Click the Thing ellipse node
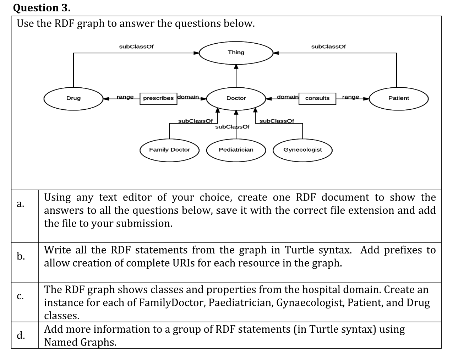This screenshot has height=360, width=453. [236, 53]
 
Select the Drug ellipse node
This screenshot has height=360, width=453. [73, 98]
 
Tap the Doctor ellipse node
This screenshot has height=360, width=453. [236, 98]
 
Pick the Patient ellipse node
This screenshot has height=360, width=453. [398, 98]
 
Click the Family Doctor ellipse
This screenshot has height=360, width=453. [169, 150]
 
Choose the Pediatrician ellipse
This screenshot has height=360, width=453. [236, 150]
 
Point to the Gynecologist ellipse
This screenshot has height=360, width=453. [302, 150]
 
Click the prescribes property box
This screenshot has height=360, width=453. [158, 98]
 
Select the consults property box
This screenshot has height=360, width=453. [317, 98]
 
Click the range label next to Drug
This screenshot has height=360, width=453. [125, 97]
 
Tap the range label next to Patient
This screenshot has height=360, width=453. [350, 97]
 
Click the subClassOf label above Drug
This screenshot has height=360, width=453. [136, 47]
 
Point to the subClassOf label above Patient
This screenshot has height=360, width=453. [328, 47]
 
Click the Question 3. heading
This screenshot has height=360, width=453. [42, 7]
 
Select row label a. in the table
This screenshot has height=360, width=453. [21, 204]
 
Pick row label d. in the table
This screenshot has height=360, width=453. [21, 335]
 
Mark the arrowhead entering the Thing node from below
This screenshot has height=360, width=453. [236, 66]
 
